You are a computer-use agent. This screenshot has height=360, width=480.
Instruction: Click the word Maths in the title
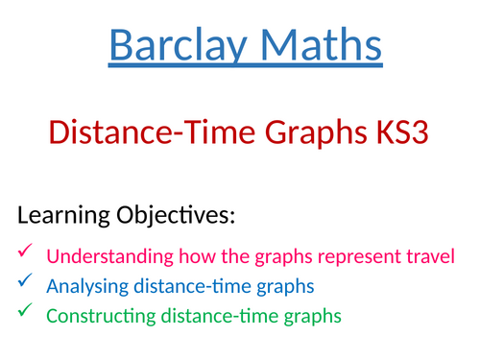pyautogui.click(x=317, y=45)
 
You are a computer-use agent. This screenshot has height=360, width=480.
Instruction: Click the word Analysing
pyautogui.click(x=84, y=285)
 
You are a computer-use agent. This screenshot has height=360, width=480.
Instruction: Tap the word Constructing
pyautogui.click(x=96, y=314)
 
